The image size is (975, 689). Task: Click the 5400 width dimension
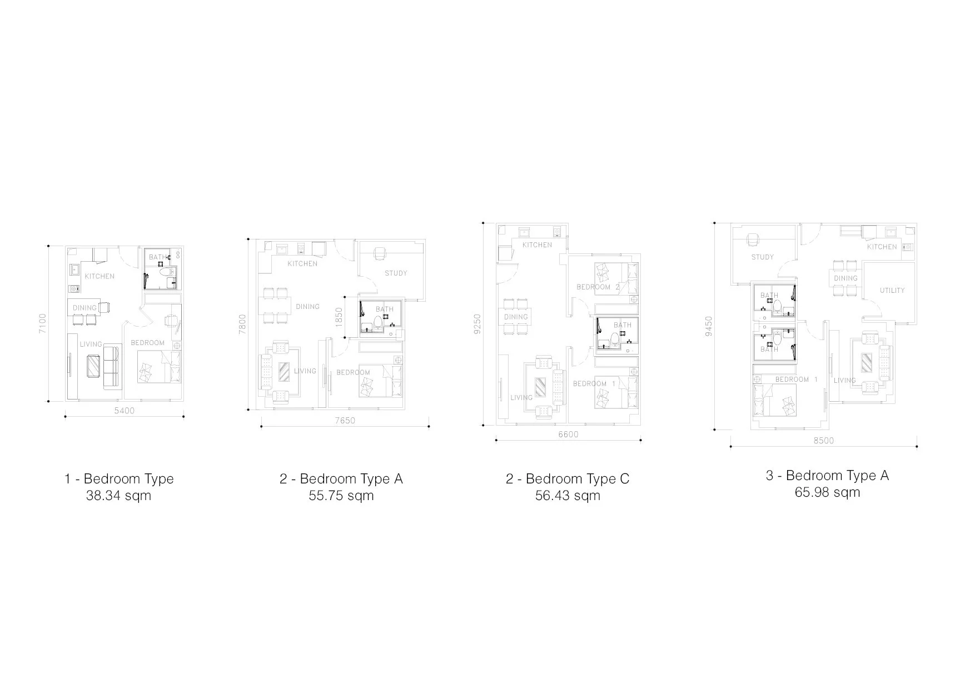(124, 411)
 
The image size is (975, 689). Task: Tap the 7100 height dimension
(43, 323)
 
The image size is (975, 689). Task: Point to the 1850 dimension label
(339, 317)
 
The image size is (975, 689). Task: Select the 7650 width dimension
(345, 421)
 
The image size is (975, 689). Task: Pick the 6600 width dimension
(568, 435)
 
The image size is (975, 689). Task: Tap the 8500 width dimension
(823, 441)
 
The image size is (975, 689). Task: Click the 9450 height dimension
(708, 327)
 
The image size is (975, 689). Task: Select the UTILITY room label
(892, 290)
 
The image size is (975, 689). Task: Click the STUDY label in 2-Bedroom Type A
(396, 273)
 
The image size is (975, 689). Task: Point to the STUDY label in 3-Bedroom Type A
(762, 257)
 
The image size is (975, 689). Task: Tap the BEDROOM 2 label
(598, 287)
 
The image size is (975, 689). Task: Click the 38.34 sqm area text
(118, 495)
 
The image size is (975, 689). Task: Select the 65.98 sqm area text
(827, 492)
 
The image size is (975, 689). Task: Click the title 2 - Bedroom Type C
(568, 478)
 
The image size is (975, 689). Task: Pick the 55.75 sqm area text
(341, 495)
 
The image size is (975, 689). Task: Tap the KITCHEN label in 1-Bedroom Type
(100, 276)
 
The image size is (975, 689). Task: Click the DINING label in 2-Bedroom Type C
(516, 317)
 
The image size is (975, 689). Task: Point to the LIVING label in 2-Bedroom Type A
(305, 371)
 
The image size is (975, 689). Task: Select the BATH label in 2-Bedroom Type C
(623, 324)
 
